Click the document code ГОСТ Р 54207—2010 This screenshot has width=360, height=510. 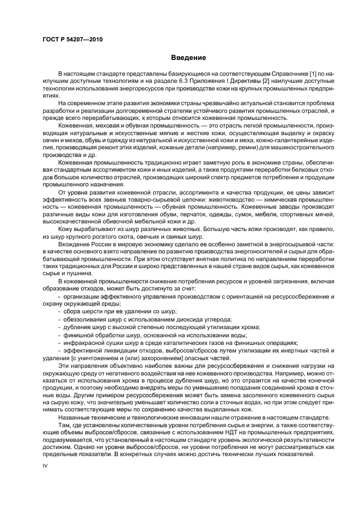click(x=72, y=40)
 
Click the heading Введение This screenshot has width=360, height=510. click(x=188, y=58)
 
